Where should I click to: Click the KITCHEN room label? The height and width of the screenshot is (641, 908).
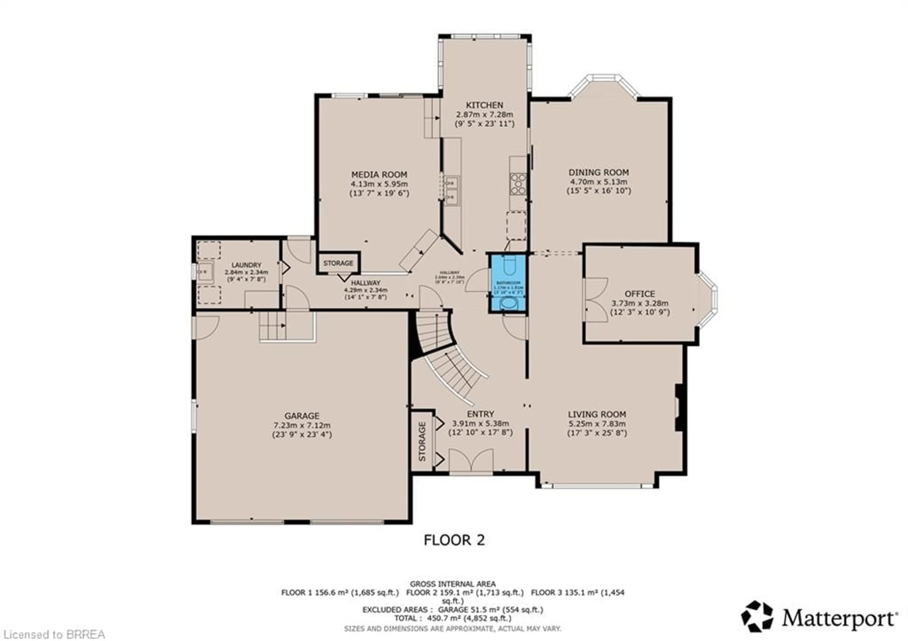pyautogui.click(x=485, y=105)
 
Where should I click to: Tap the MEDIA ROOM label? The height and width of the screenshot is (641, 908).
pyautogui.click(x=379, y=174)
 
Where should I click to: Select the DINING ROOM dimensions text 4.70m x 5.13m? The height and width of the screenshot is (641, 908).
pyautogui.click(x=598, y=182)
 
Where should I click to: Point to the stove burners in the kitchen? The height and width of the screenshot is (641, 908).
pyautogui.click(x=518, y=184)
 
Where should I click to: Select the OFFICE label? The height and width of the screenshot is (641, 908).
pyautogui.click(x=639, y=294)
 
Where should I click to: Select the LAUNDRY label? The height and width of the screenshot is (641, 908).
pyautogui.click(x=246, y=265)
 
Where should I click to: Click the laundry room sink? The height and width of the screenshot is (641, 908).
pyautogui.click(x=205, y=272)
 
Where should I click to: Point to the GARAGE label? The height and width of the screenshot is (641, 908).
pyautogui.click(x=302, y=416)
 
